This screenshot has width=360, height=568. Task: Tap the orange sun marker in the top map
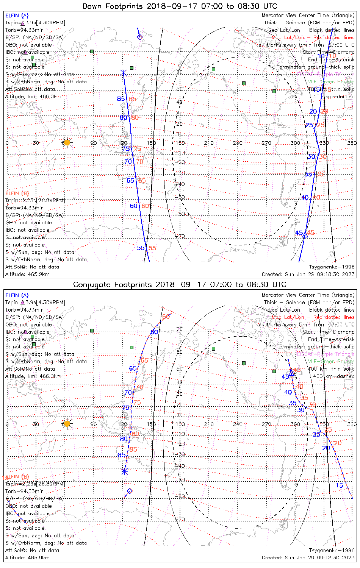coord(67,143)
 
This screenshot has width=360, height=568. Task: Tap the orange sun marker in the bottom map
coord(67,424)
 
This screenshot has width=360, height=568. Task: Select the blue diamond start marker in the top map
coord(139,37)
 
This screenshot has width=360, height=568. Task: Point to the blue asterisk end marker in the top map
coord(123,73)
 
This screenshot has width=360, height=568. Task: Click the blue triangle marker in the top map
coord(305,235)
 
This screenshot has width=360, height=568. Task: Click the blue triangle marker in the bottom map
coord(291,373)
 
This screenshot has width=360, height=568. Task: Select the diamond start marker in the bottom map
coord(130,491)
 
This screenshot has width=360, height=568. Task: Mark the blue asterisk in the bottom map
coord(125,472)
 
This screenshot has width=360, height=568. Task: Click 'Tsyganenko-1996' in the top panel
coord(332,267)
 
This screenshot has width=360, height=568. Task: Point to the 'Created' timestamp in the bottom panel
coord(308,558)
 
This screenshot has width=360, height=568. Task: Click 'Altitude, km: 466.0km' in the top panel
coord(33,97)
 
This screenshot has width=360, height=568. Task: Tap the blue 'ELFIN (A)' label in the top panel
coord(17,16)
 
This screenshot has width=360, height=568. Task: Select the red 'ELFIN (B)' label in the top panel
coord(17,193)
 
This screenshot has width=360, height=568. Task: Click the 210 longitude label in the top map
coord(209,143)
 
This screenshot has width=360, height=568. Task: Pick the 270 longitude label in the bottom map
coord(266,424)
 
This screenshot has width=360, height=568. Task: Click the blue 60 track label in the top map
coord(134,206)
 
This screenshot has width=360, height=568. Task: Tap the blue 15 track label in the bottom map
coord(339,485)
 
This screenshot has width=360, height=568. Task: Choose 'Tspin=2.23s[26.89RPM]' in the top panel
coord(35,200)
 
